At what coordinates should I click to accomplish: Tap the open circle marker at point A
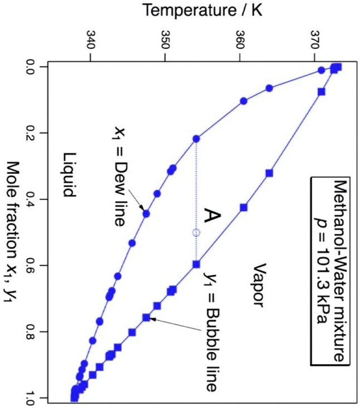196,232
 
